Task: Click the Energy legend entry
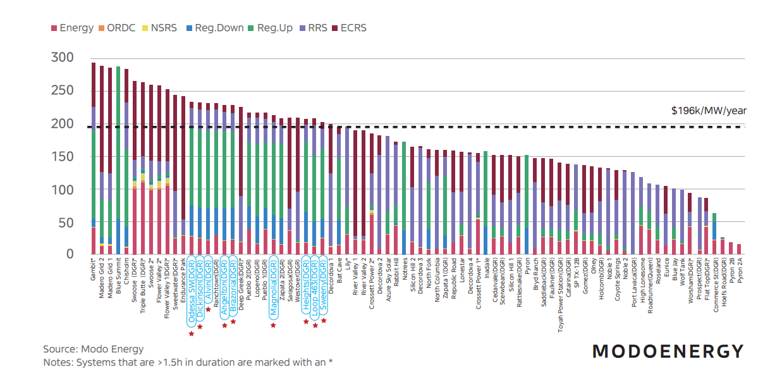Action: tap(71, 28)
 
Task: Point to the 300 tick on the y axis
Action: tap(62, 58)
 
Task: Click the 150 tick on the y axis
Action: tap(62, 157)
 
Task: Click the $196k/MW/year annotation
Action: tap(709, 111)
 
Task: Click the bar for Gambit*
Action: tap(94, 158)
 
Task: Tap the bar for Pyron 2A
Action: tap(738, 249)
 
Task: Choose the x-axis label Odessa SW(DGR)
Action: tap(192, 290)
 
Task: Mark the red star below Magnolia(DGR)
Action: tap(274, 325)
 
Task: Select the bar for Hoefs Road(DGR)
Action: tap(722, 246)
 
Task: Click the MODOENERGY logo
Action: tap(668, 352)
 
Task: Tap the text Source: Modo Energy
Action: tap(94, 349)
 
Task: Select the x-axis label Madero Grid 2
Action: tap(102, 278)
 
